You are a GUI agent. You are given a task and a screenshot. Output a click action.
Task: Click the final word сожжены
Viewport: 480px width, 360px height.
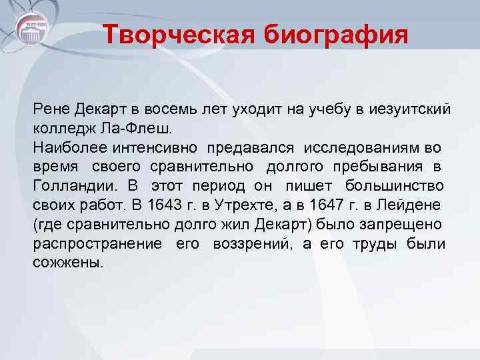tap(67, 262)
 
